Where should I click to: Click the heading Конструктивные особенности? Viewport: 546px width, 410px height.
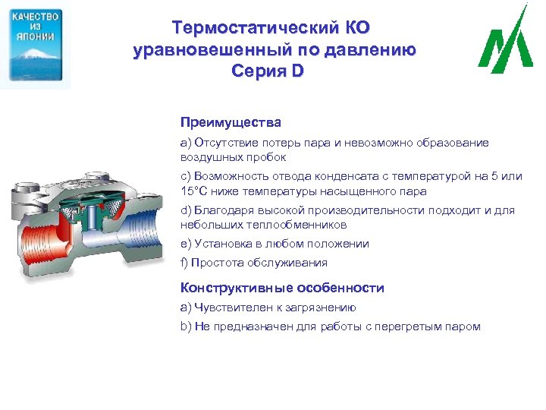tap(282, 288)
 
